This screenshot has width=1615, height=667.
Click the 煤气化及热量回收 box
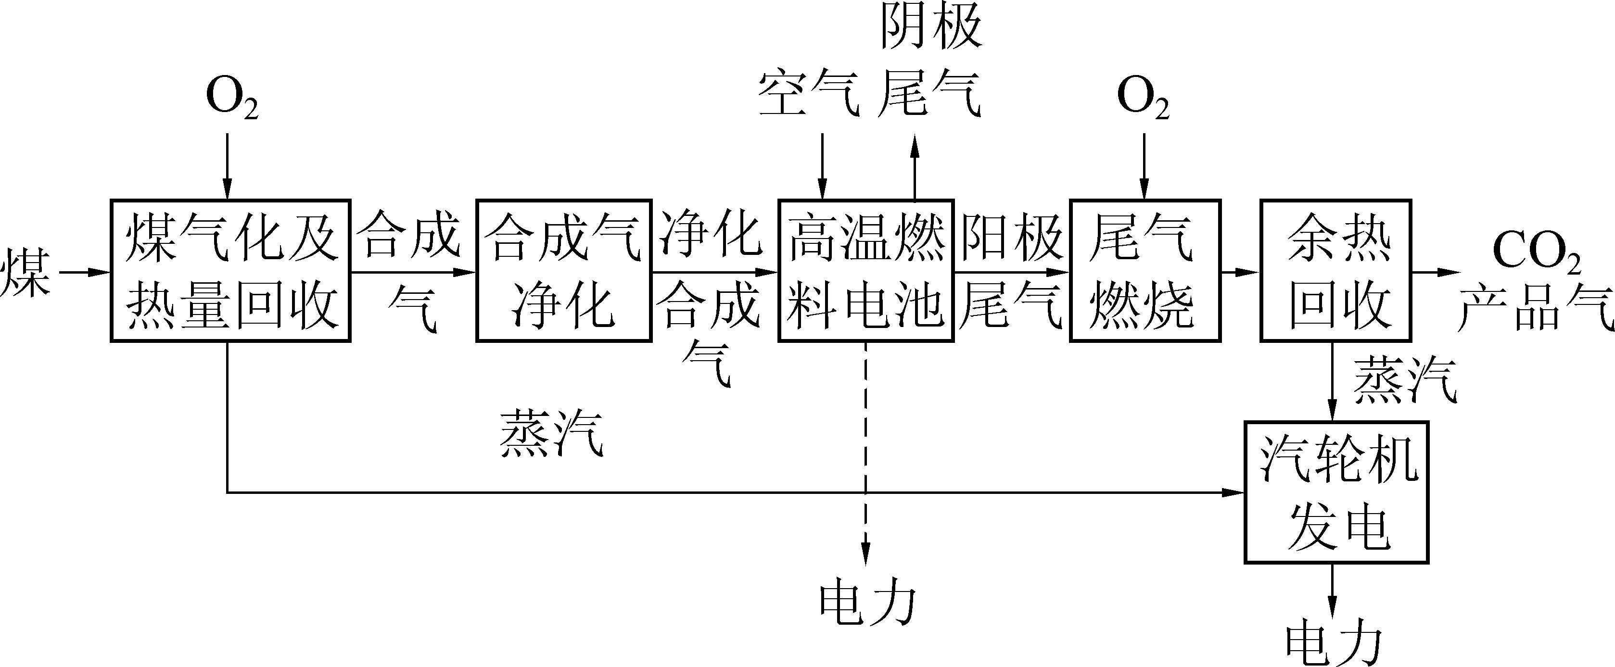[230, 271]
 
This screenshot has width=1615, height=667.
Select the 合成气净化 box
[564, 271]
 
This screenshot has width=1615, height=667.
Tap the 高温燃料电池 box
[866, 271]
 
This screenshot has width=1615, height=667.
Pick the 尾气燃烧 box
[1145, 271]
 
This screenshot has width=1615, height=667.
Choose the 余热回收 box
[1336, 271]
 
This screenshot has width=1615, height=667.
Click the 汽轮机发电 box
[1336, 492]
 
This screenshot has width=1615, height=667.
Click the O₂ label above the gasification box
[231, 99]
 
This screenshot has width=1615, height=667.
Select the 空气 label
[808, 94]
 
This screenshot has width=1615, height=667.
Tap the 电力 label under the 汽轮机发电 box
[1334, 646]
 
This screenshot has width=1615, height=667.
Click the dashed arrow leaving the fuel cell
[866, 452]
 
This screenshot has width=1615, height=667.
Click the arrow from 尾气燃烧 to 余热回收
[1239, 272]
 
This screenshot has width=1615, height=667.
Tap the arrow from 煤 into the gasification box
[85, 272]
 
